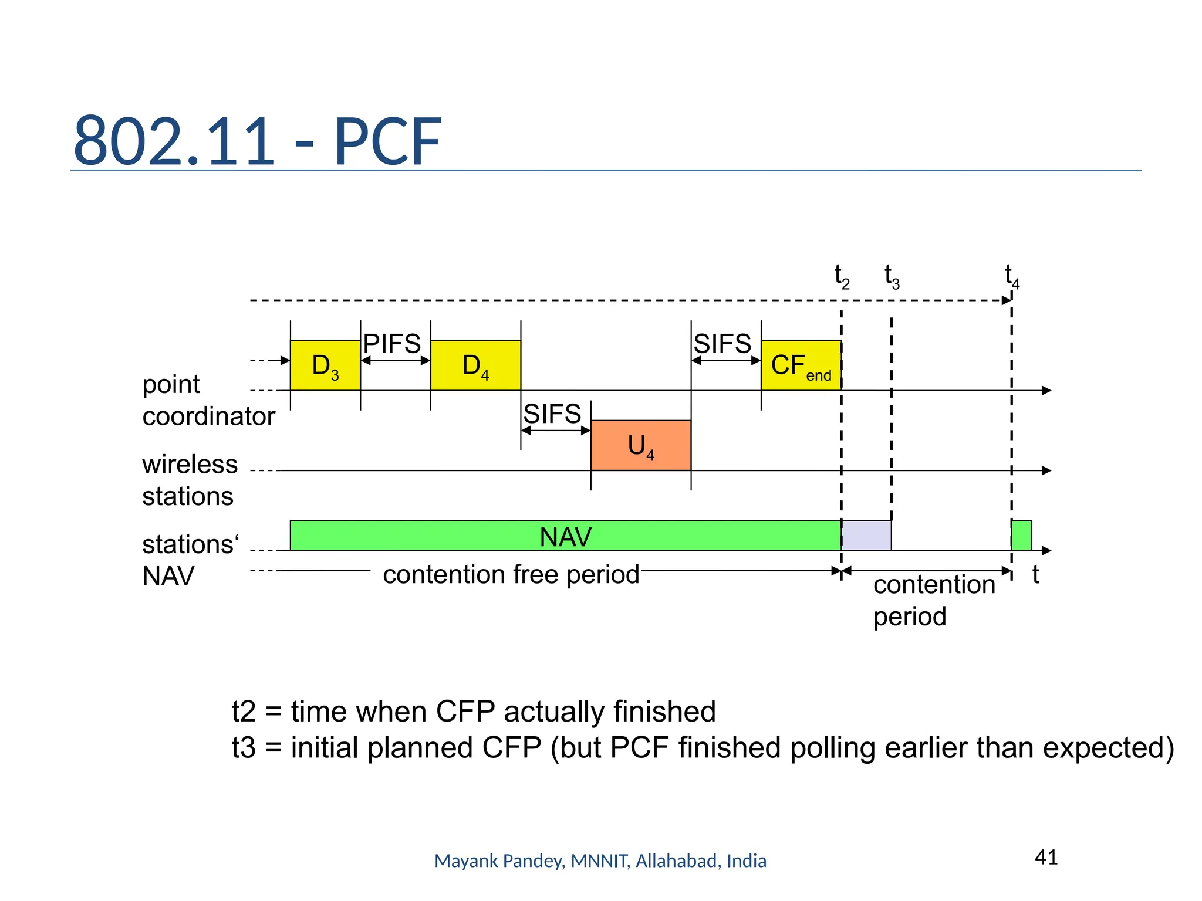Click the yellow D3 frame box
coord(325,365)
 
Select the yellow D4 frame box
coord(475,365)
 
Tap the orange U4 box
coord(640,445)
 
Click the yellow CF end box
coord(801,365)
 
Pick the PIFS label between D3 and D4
coord(391,344)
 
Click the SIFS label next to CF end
coord(722,344)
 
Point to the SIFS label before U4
coord(552,414)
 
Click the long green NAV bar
coord(565,536)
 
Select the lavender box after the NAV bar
coord(866,536)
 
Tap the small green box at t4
coord(1021,536)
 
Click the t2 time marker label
coord(842,276)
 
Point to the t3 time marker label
coord(892,276)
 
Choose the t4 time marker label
coord(1012,276)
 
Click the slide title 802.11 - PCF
coord(257,141)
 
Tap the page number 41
coord(1046,857)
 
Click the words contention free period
coord(511,574)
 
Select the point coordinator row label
coord(208,400)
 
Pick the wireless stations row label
coord(190,480)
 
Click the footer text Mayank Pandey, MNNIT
coord(600,861)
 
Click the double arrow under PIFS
coord(395,361)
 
